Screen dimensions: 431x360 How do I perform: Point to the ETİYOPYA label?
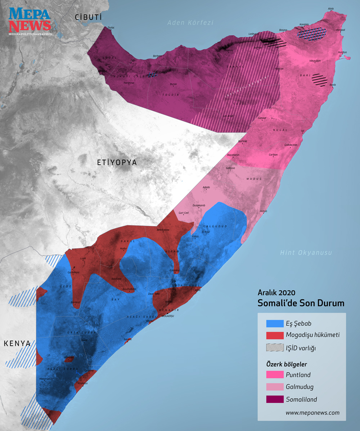coord(117,163)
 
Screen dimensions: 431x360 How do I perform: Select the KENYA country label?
coord(17,343)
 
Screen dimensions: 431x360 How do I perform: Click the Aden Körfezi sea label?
coord(190,23)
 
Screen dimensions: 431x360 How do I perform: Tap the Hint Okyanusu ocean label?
coord(306,253)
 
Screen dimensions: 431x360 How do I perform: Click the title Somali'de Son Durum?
coord(301,303)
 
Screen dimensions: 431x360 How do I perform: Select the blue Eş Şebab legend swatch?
coord(275,324)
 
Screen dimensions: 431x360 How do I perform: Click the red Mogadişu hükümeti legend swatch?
coord(275,335)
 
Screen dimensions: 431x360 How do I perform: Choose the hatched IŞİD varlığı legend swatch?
coord(275,348)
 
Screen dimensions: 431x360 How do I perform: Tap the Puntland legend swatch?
coord(275,374)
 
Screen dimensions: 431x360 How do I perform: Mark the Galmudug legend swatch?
coord(275,387)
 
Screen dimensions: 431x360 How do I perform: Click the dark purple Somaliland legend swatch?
coord(275,399)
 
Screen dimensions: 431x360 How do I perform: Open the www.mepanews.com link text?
coord(312,413)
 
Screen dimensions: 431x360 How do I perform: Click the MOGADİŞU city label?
coord(168,316)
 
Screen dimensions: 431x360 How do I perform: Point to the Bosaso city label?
coord(283,30)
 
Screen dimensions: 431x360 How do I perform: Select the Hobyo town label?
coord(264,211)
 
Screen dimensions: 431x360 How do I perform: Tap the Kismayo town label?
coord(83,383)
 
